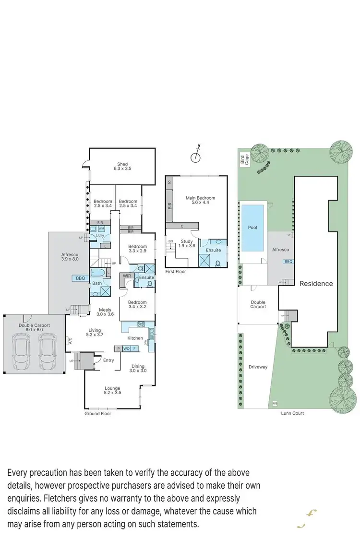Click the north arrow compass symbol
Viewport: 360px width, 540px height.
point(196,156)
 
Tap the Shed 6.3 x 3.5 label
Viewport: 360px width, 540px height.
point(122,166)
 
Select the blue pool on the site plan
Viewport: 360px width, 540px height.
point(253,228)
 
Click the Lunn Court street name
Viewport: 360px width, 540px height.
point(292,413)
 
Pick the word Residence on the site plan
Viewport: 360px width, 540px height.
point(316,283)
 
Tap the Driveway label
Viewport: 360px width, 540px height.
point(258,367)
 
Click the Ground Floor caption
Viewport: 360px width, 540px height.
point(98,413)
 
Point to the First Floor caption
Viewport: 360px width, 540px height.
point(176,271)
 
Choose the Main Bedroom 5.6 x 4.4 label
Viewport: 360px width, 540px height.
point(200,200)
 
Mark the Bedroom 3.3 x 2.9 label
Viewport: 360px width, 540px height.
point(137,248)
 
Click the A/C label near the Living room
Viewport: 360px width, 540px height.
point(70,342)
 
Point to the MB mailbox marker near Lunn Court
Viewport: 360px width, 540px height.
point(275,403)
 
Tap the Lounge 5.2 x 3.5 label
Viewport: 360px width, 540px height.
point(112,390)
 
